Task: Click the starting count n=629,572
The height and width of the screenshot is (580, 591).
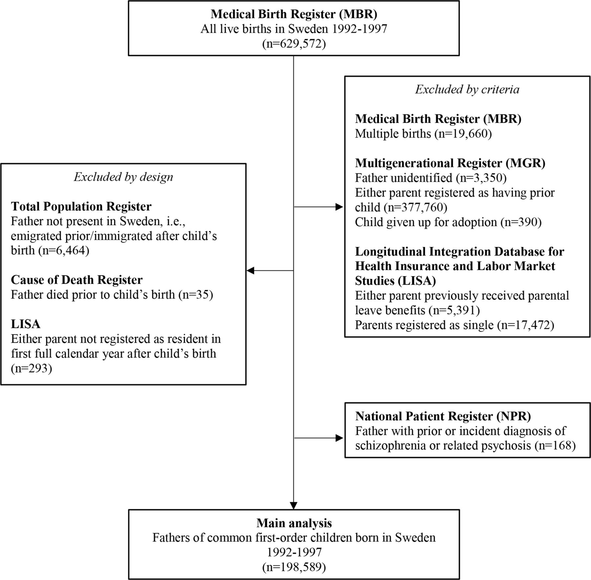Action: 294,44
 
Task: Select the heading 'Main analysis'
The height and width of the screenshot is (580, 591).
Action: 294,523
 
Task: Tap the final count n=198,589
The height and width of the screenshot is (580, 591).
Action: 294,567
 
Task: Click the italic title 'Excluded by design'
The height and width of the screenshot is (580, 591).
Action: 123,177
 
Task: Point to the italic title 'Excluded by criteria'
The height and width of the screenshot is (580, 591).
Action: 467,89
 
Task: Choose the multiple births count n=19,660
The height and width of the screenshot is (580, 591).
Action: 463,134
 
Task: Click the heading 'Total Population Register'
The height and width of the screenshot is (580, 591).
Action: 81,206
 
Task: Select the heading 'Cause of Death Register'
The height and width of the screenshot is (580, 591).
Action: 77,280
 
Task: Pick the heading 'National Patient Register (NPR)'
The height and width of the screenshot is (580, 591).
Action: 443,416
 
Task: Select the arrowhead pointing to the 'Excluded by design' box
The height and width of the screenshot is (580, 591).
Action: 251,270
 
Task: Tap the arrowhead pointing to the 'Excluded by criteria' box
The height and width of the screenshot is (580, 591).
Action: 339,207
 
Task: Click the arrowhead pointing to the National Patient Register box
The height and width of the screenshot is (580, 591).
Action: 339,438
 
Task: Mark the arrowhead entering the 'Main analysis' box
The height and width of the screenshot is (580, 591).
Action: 294,505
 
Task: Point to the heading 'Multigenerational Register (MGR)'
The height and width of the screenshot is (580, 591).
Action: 450,163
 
